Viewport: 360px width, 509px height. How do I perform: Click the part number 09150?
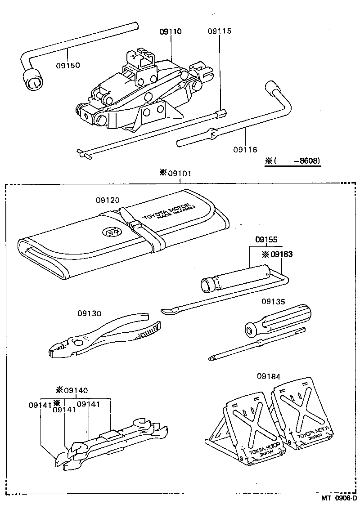point(68,65)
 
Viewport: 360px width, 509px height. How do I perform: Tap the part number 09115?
point(220,31)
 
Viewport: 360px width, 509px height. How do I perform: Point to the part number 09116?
point(245,149)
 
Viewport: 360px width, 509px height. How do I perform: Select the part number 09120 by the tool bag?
point(108,200)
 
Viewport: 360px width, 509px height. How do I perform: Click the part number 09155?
point(267,240)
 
